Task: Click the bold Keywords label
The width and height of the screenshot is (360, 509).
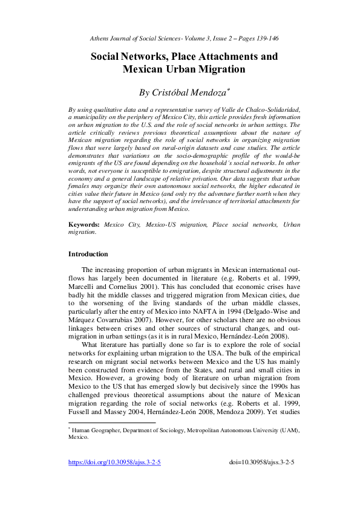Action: click(84, 224)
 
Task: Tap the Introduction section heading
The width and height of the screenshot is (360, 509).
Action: click(88, 254)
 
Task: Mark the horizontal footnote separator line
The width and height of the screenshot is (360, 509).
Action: click(112, 423)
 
